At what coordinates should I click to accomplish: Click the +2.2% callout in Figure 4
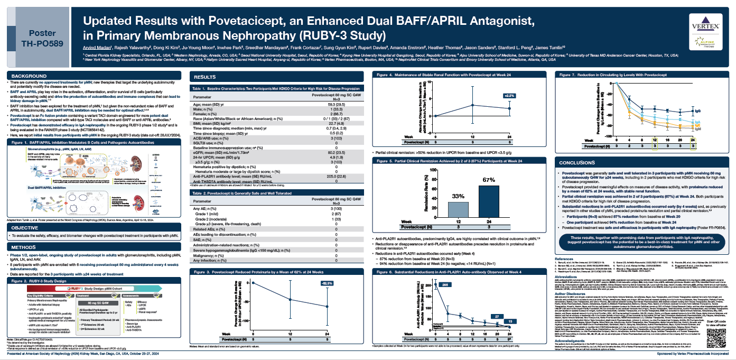point(509,95)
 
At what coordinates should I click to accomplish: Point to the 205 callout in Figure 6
point(445,285)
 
